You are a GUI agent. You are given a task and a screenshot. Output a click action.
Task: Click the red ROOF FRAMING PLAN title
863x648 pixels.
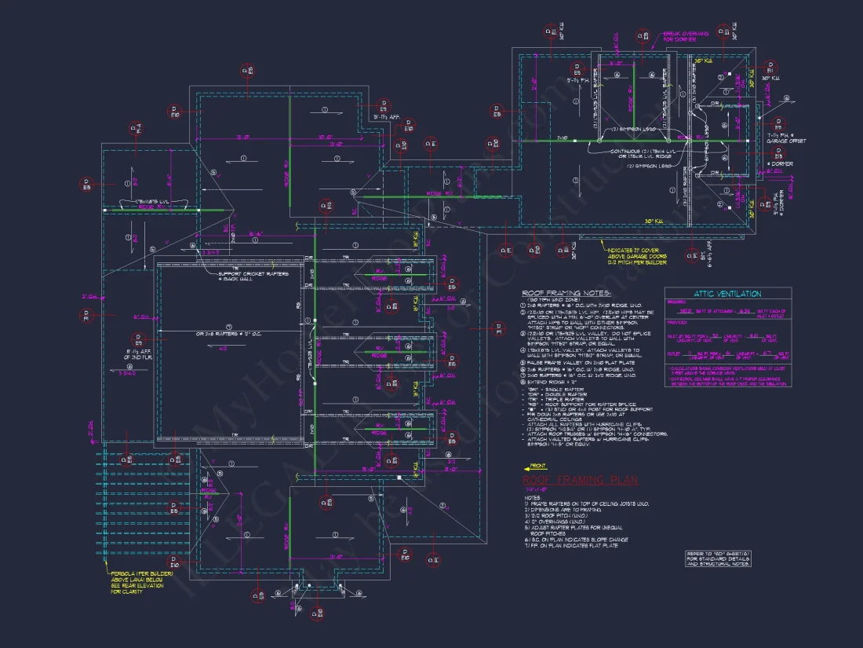tap(580, 480)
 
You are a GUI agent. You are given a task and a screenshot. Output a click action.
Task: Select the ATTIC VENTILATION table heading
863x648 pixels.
tap(727, 294)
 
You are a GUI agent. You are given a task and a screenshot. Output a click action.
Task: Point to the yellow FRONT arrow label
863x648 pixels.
tap(539, 466)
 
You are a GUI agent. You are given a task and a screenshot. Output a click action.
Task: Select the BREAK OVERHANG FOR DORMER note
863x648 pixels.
tap(686, 37)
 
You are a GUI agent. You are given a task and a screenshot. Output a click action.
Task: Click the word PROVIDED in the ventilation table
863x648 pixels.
tap(676, 323)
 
